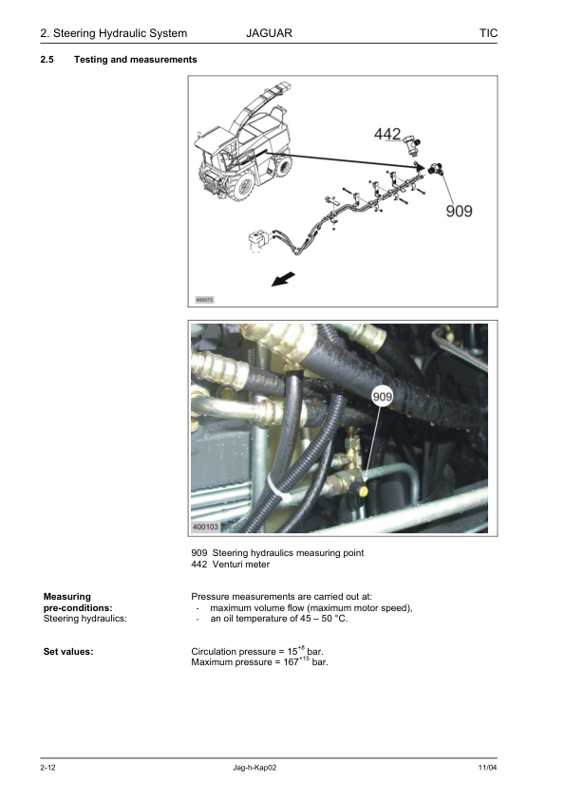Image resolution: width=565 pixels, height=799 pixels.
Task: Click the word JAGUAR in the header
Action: pos(269,33)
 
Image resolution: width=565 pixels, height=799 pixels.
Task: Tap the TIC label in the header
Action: pos(488,33)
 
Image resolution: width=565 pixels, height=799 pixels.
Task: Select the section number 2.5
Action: pos(47,60)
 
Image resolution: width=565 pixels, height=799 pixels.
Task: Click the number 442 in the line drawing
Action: pos(387,134)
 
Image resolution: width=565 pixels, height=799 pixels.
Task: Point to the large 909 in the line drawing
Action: pos(459,211)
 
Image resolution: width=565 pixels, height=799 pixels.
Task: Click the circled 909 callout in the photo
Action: pos(382,397)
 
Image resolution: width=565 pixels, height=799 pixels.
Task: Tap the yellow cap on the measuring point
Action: pos(363,492)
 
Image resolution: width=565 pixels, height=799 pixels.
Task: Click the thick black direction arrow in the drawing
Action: pos(283,279)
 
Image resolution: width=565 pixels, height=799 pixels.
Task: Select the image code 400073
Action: pos(204,300)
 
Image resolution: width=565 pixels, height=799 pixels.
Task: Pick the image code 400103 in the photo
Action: pos(205,527)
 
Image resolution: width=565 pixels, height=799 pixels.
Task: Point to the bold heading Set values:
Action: pos(68,651)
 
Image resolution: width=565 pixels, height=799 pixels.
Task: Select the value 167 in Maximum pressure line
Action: pos(291,662)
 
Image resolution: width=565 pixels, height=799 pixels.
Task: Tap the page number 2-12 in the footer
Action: pos(47,768)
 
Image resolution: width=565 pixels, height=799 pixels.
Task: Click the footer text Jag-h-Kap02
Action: pos(254,768)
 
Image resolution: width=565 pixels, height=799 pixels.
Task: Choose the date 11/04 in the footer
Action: pos(487,768)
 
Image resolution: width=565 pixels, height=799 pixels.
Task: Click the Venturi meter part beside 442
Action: pos(412,143)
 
